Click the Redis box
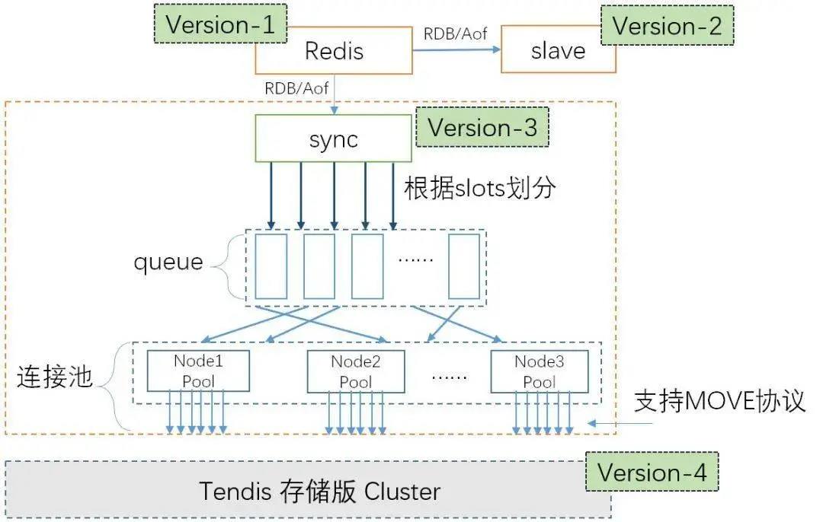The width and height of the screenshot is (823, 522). point(334,52)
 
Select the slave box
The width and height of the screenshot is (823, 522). point(558,52)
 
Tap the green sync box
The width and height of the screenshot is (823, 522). point(334,138)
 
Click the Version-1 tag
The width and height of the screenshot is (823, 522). point(220,24)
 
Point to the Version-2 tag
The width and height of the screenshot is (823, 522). point(667,26)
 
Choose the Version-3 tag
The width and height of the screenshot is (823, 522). point(482,127)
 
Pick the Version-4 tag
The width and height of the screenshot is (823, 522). point(652,472)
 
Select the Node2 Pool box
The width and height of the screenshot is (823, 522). point(355,371)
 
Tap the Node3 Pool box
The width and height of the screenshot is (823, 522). point(539,371)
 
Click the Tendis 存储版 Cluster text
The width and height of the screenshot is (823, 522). point(320,491)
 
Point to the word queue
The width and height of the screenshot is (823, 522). point(168,263)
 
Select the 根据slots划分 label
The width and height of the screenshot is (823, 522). point(479,189)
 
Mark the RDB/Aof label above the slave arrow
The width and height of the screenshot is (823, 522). point(456,33)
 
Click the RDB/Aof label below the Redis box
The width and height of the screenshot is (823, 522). point(296,88)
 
